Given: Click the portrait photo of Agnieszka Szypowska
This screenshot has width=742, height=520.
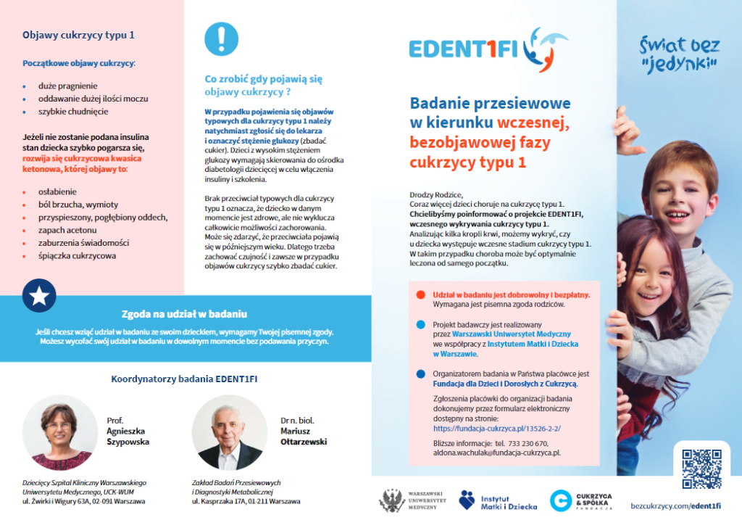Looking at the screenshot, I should (x=59, y=433).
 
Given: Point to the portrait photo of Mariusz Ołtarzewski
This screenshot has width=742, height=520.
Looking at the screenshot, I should (x=230, y=433).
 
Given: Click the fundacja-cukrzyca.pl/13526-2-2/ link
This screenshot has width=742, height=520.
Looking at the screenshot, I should (x=496, y=429).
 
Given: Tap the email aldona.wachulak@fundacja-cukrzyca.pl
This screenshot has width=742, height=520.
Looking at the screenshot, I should (x=496, y=453).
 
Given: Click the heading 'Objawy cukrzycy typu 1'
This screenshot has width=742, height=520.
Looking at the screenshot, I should (x=78, y=34).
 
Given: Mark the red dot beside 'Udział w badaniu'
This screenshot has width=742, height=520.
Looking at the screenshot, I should (x=420, y=295).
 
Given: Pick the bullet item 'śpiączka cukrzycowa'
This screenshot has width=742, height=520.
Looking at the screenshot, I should (x=77, y=255).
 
